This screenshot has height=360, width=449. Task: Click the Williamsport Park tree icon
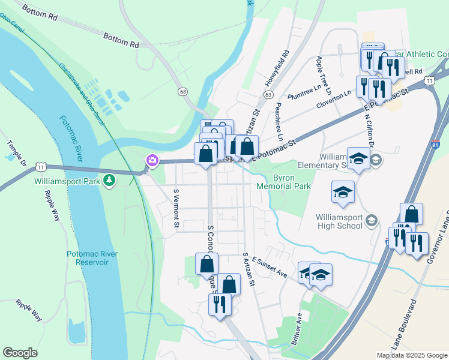point(109,180)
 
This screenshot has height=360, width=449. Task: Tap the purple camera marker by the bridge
point(152,160)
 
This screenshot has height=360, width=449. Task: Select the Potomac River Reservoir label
point(92,258)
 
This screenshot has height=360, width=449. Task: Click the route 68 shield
point(182,91)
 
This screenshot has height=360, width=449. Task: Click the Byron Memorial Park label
point(292,182)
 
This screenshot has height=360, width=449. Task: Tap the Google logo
point(20,353)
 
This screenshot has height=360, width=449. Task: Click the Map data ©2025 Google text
point(411,355)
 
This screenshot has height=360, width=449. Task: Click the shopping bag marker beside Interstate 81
point(411,214)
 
